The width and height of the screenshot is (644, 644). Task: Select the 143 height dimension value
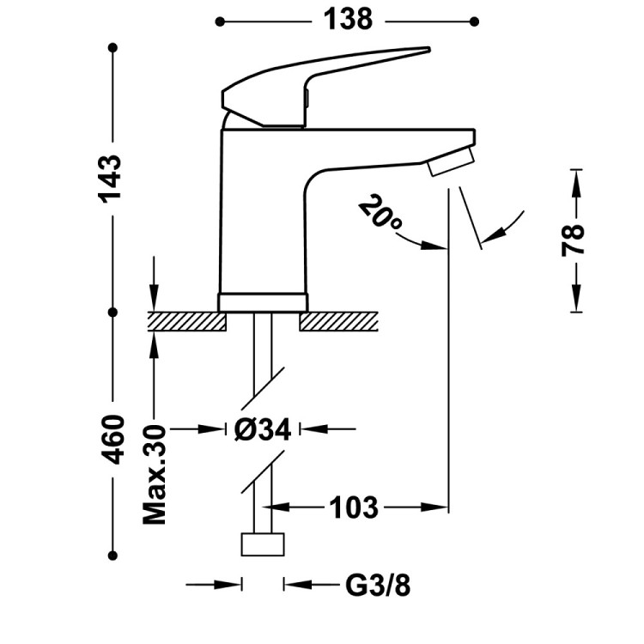click(112, 179)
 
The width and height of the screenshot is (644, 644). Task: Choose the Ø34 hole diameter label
click(262, 428)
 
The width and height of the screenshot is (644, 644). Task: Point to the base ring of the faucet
click(263, 301)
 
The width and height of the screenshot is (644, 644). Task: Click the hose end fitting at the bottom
click(263, 544)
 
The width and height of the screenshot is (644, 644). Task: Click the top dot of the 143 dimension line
click(112, 49)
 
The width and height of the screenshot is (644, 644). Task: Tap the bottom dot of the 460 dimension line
click(112, 555)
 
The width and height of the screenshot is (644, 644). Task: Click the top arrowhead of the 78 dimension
click(574, 176)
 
